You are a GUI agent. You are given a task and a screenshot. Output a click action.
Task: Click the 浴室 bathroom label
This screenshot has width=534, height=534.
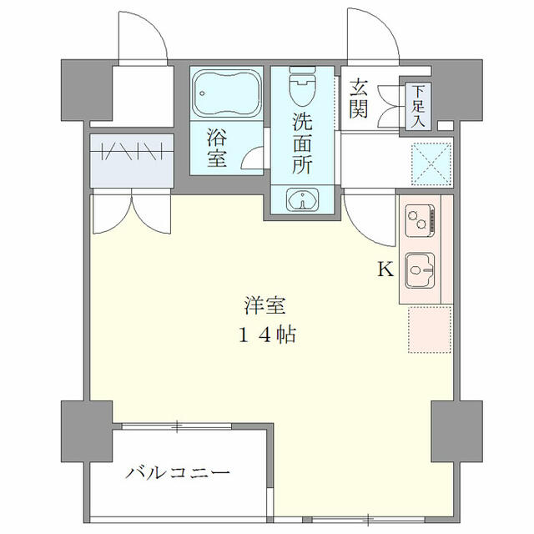click(x=217, y=146)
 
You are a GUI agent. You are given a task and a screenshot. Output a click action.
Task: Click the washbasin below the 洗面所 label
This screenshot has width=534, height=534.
click(x=301, y=199)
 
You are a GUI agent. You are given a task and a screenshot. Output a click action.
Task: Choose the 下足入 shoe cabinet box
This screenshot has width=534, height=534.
click(x=416, y=105)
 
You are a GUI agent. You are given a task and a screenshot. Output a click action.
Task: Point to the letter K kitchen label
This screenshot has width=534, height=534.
click(x=385, y=270)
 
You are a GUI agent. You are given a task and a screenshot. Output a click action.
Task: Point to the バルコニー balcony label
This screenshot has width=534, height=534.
click(x=178, y=473)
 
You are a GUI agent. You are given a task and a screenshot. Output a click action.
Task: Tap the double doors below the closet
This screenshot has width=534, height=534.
click(x=130, y=212)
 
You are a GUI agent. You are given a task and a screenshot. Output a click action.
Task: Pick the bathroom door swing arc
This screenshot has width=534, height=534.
click(x=255, y=162)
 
